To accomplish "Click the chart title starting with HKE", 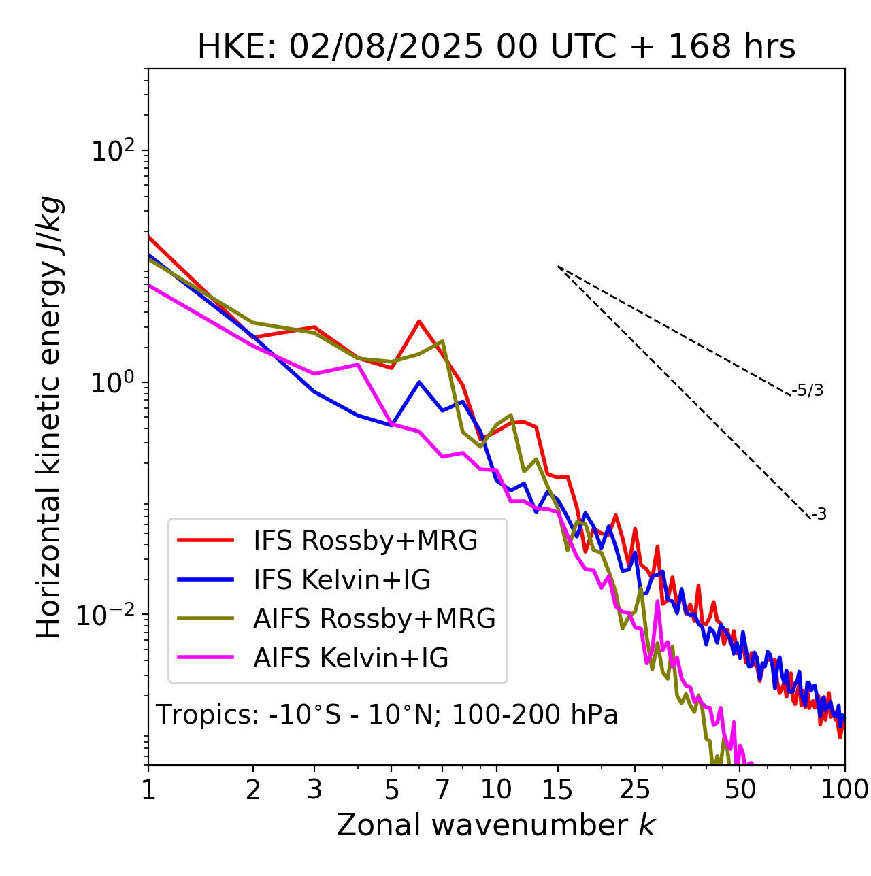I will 496,48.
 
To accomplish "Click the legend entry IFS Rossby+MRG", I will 365,541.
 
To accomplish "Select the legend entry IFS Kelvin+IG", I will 342,580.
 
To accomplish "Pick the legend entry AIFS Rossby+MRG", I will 374,619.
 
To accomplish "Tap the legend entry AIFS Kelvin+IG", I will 350,658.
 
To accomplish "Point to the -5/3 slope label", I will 808,390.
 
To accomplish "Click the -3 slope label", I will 819,514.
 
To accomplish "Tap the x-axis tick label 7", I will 442,790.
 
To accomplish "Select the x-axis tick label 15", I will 558,790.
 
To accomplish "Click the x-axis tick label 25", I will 635,790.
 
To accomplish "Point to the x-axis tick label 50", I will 740,790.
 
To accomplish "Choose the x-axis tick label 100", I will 844,790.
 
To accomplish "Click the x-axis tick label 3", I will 314,790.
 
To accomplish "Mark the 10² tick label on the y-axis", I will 113,151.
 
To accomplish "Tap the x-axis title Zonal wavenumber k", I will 495,825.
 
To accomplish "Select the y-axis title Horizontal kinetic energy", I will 49,418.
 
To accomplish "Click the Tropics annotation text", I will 387,715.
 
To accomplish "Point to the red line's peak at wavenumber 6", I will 419,321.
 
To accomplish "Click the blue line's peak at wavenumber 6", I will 419,382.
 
